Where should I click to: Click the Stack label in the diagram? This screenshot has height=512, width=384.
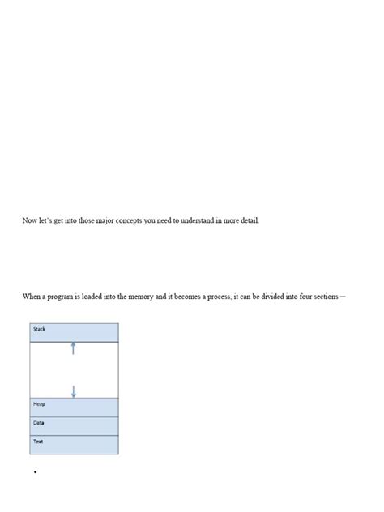40,330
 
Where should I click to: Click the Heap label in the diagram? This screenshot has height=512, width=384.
40,403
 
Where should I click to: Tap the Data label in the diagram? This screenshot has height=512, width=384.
39,423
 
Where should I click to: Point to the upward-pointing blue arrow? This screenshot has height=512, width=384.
74,348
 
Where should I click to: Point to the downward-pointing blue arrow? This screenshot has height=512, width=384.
74,390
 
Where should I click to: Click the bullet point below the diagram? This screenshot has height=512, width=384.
36,472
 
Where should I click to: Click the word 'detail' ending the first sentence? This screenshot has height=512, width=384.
250,221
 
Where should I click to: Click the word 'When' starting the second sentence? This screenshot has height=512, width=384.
32,297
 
